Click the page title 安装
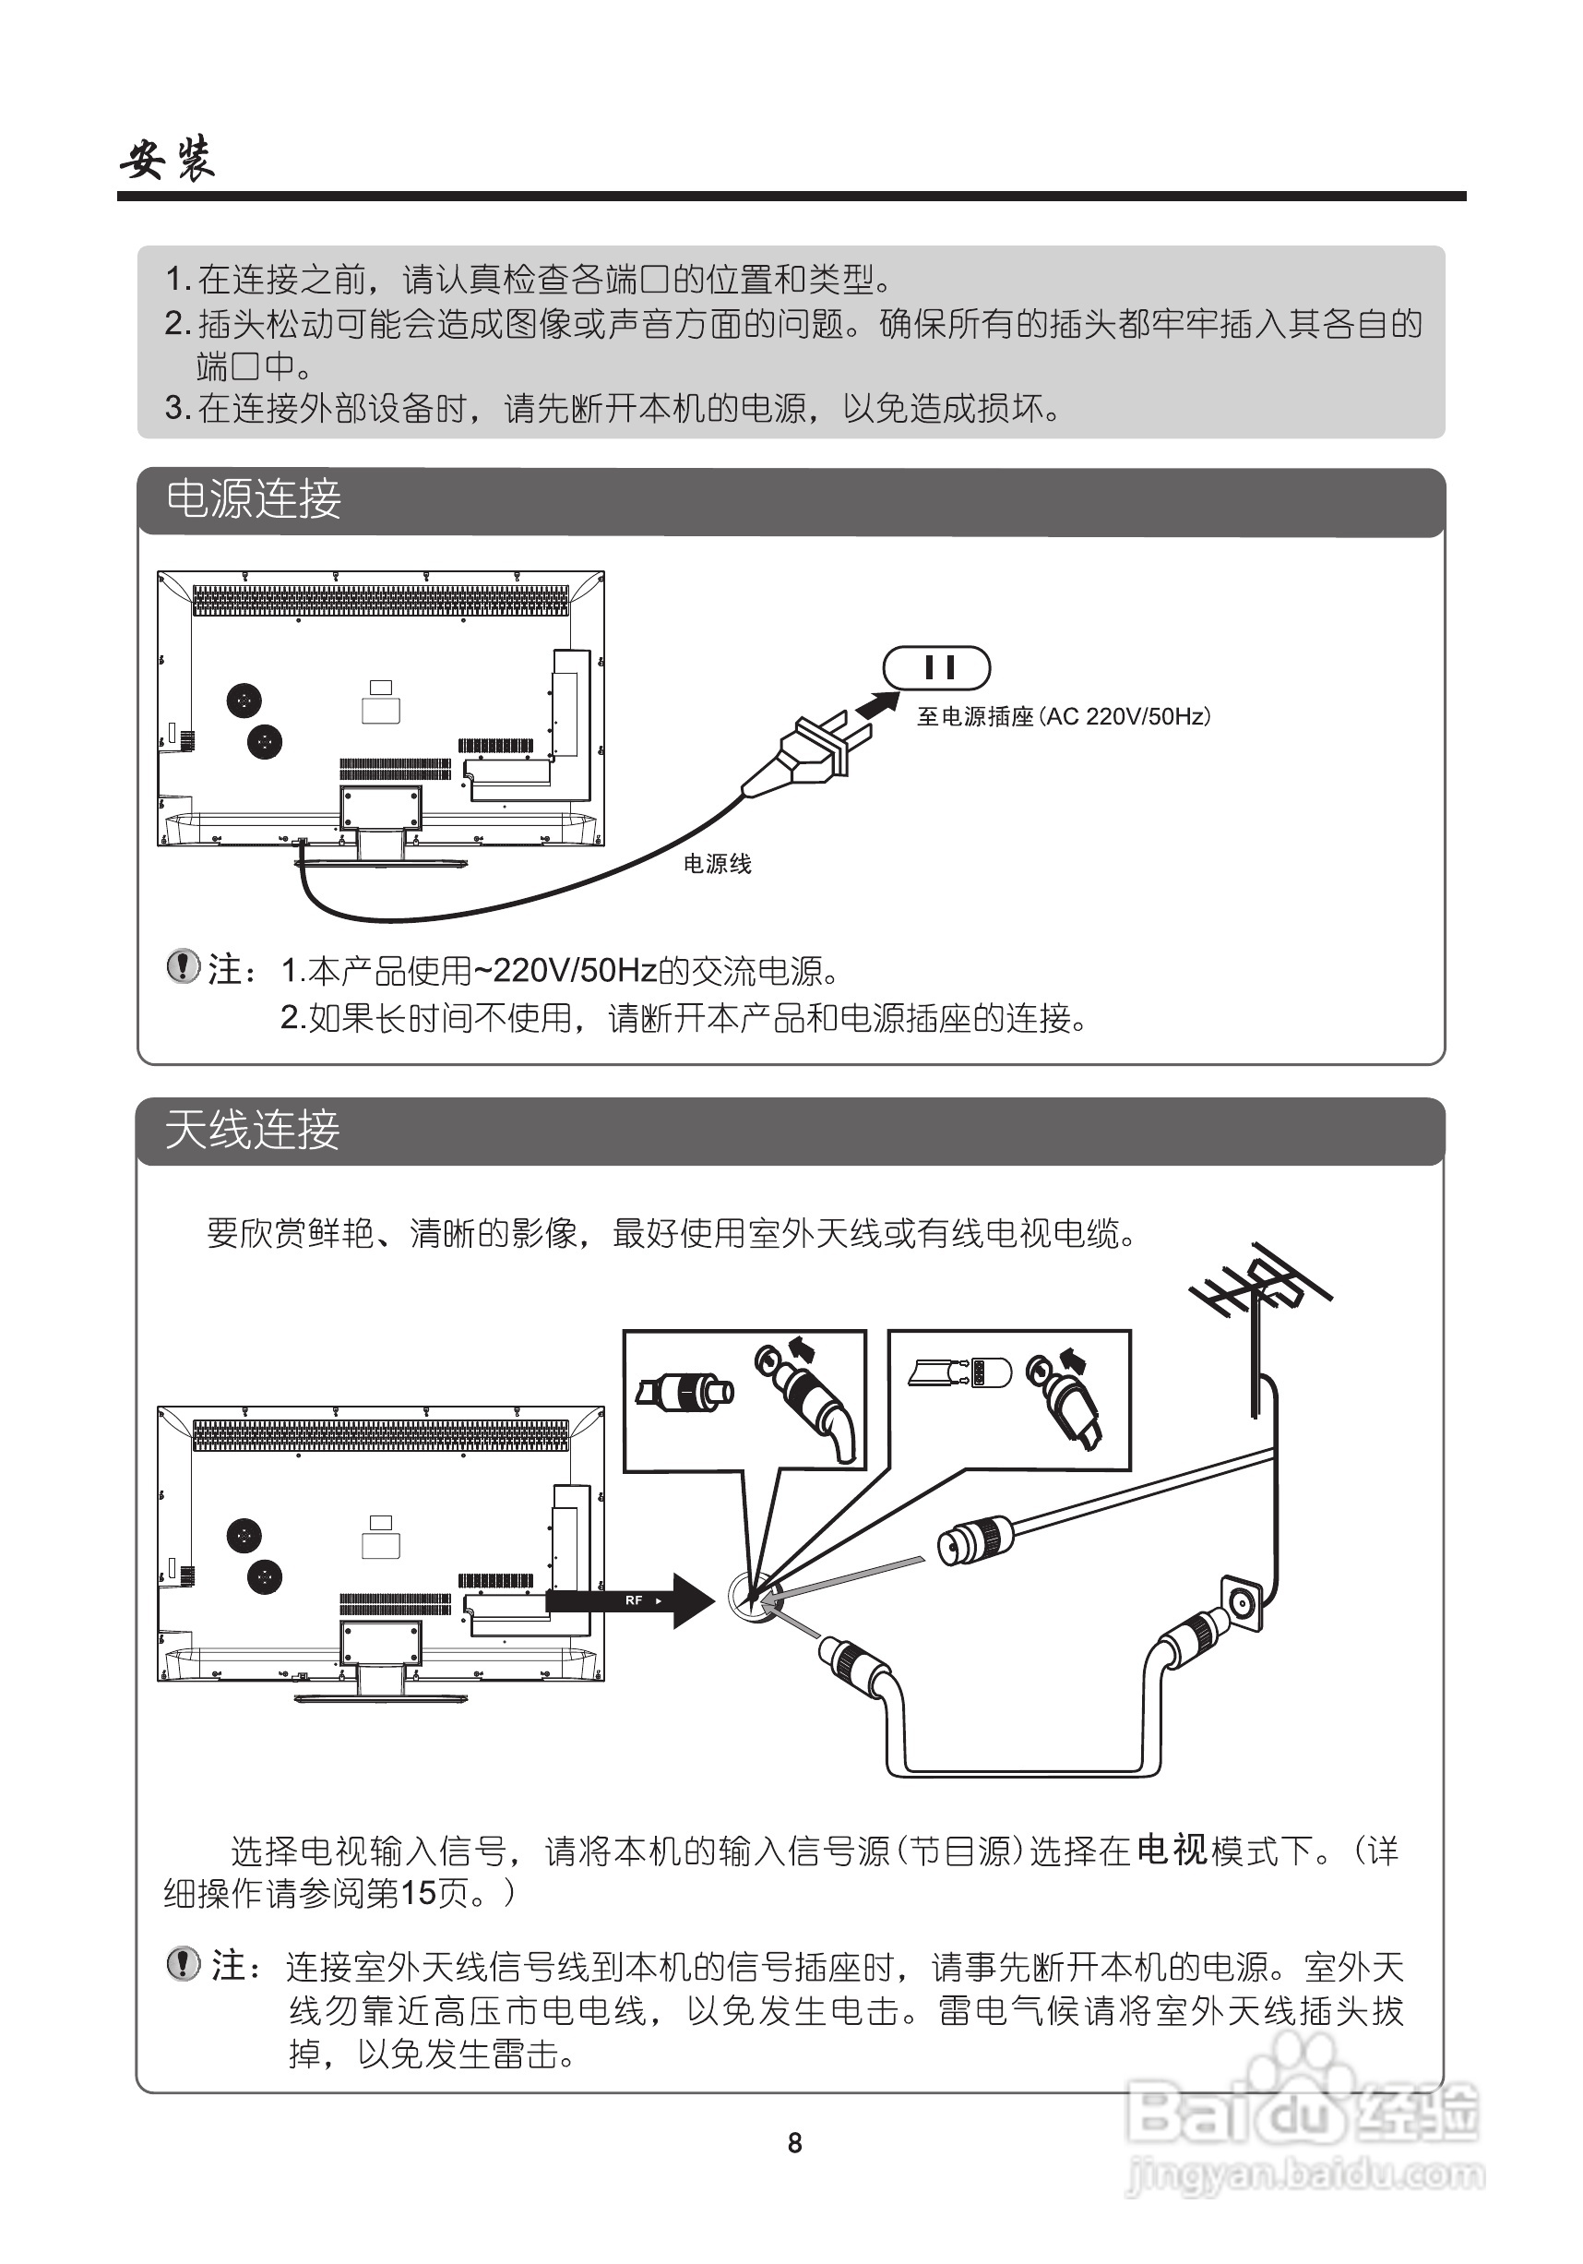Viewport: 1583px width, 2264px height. pyautogui.click(x=168, y=159)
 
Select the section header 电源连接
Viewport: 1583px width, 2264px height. pyautogui.click(x=254, y=500)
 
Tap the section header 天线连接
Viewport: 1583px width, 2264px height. pyautogui.click(x=253, y=1130)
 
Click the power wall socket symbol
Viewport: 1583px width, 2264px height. pyautogui.click(x=935, y=668)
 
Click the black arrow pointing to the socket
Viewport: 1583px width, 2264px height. pyautogui.click(x=876, y=705)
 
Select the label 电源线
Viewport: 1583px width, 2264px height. pyautogui.click(x=717, y=865)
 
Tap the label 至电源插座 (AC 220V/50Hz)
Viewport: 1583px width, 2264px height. pyautogui.click(x=1063, y=717)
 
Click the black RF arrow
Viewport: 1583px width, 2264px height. pyautogui.click(x=631, y=1600)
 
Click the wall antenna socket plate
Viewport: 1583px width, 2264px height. pyautogui.click(x=1241, y=1604)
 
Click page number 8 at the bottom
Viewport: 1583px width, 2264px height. pyautogui.click(x=794, y=2143)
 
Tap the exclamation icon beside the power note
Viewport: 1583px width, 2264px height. pyautogui.click(x=183, y=966)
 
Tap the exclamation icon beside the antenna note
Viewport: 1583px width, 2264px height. pyautogui.click(x=183, y=1964)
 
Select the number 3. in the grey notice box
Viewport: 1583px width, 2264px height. pyautogui.click(x=177, y=408)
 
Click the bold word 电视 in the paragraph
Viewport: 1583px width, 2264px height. pyautogui.click(x=1171, y=1850)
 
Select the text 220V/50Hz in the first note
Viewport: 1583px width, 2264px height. pyautogui.click(x=575, y=971)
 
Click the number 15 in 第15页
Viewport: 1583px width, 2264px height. pyautogui.click(x=418, y=1893)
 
